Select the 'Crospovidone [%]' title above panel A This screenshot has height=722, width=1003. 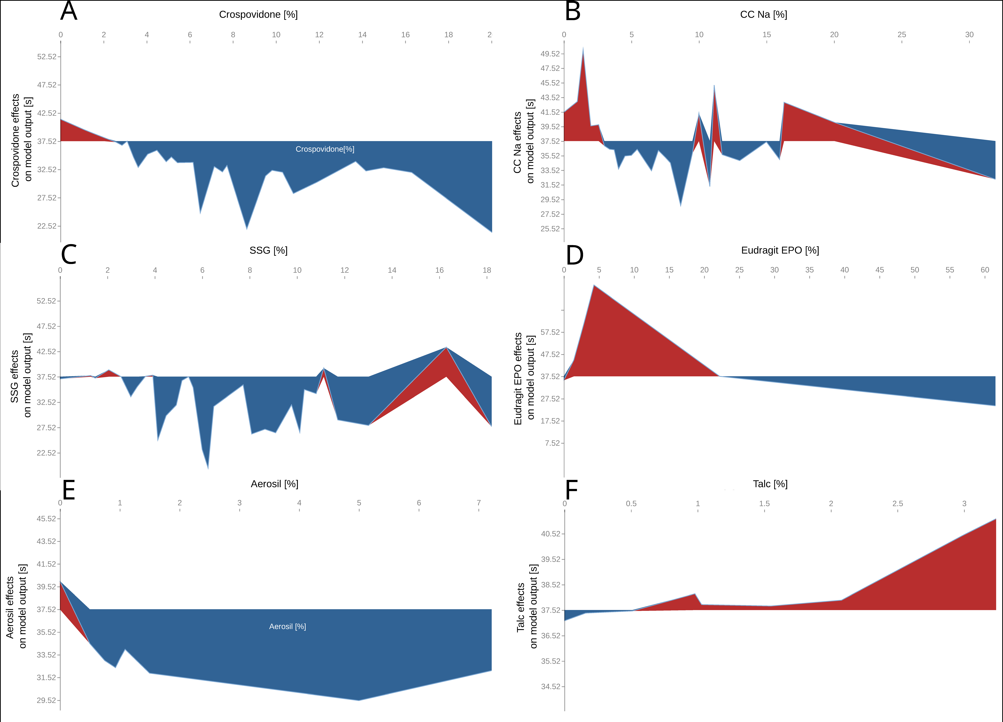point(258,15)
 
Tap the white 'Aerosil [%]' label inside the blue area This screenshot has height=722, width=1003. point(288,627)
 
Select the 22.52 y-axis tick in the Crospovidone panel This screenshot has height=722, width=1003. point(46,226)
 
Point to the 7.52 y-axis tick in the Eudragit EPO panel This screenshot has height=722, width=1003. point(552,443)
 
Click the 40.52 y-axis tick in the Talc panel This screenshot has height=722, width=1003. point(551,534)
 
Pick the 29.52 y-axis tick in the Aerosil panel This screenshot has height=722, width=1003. point(46,700)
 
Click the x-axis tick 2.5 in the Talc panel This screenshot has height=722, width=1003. point(898,504)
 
